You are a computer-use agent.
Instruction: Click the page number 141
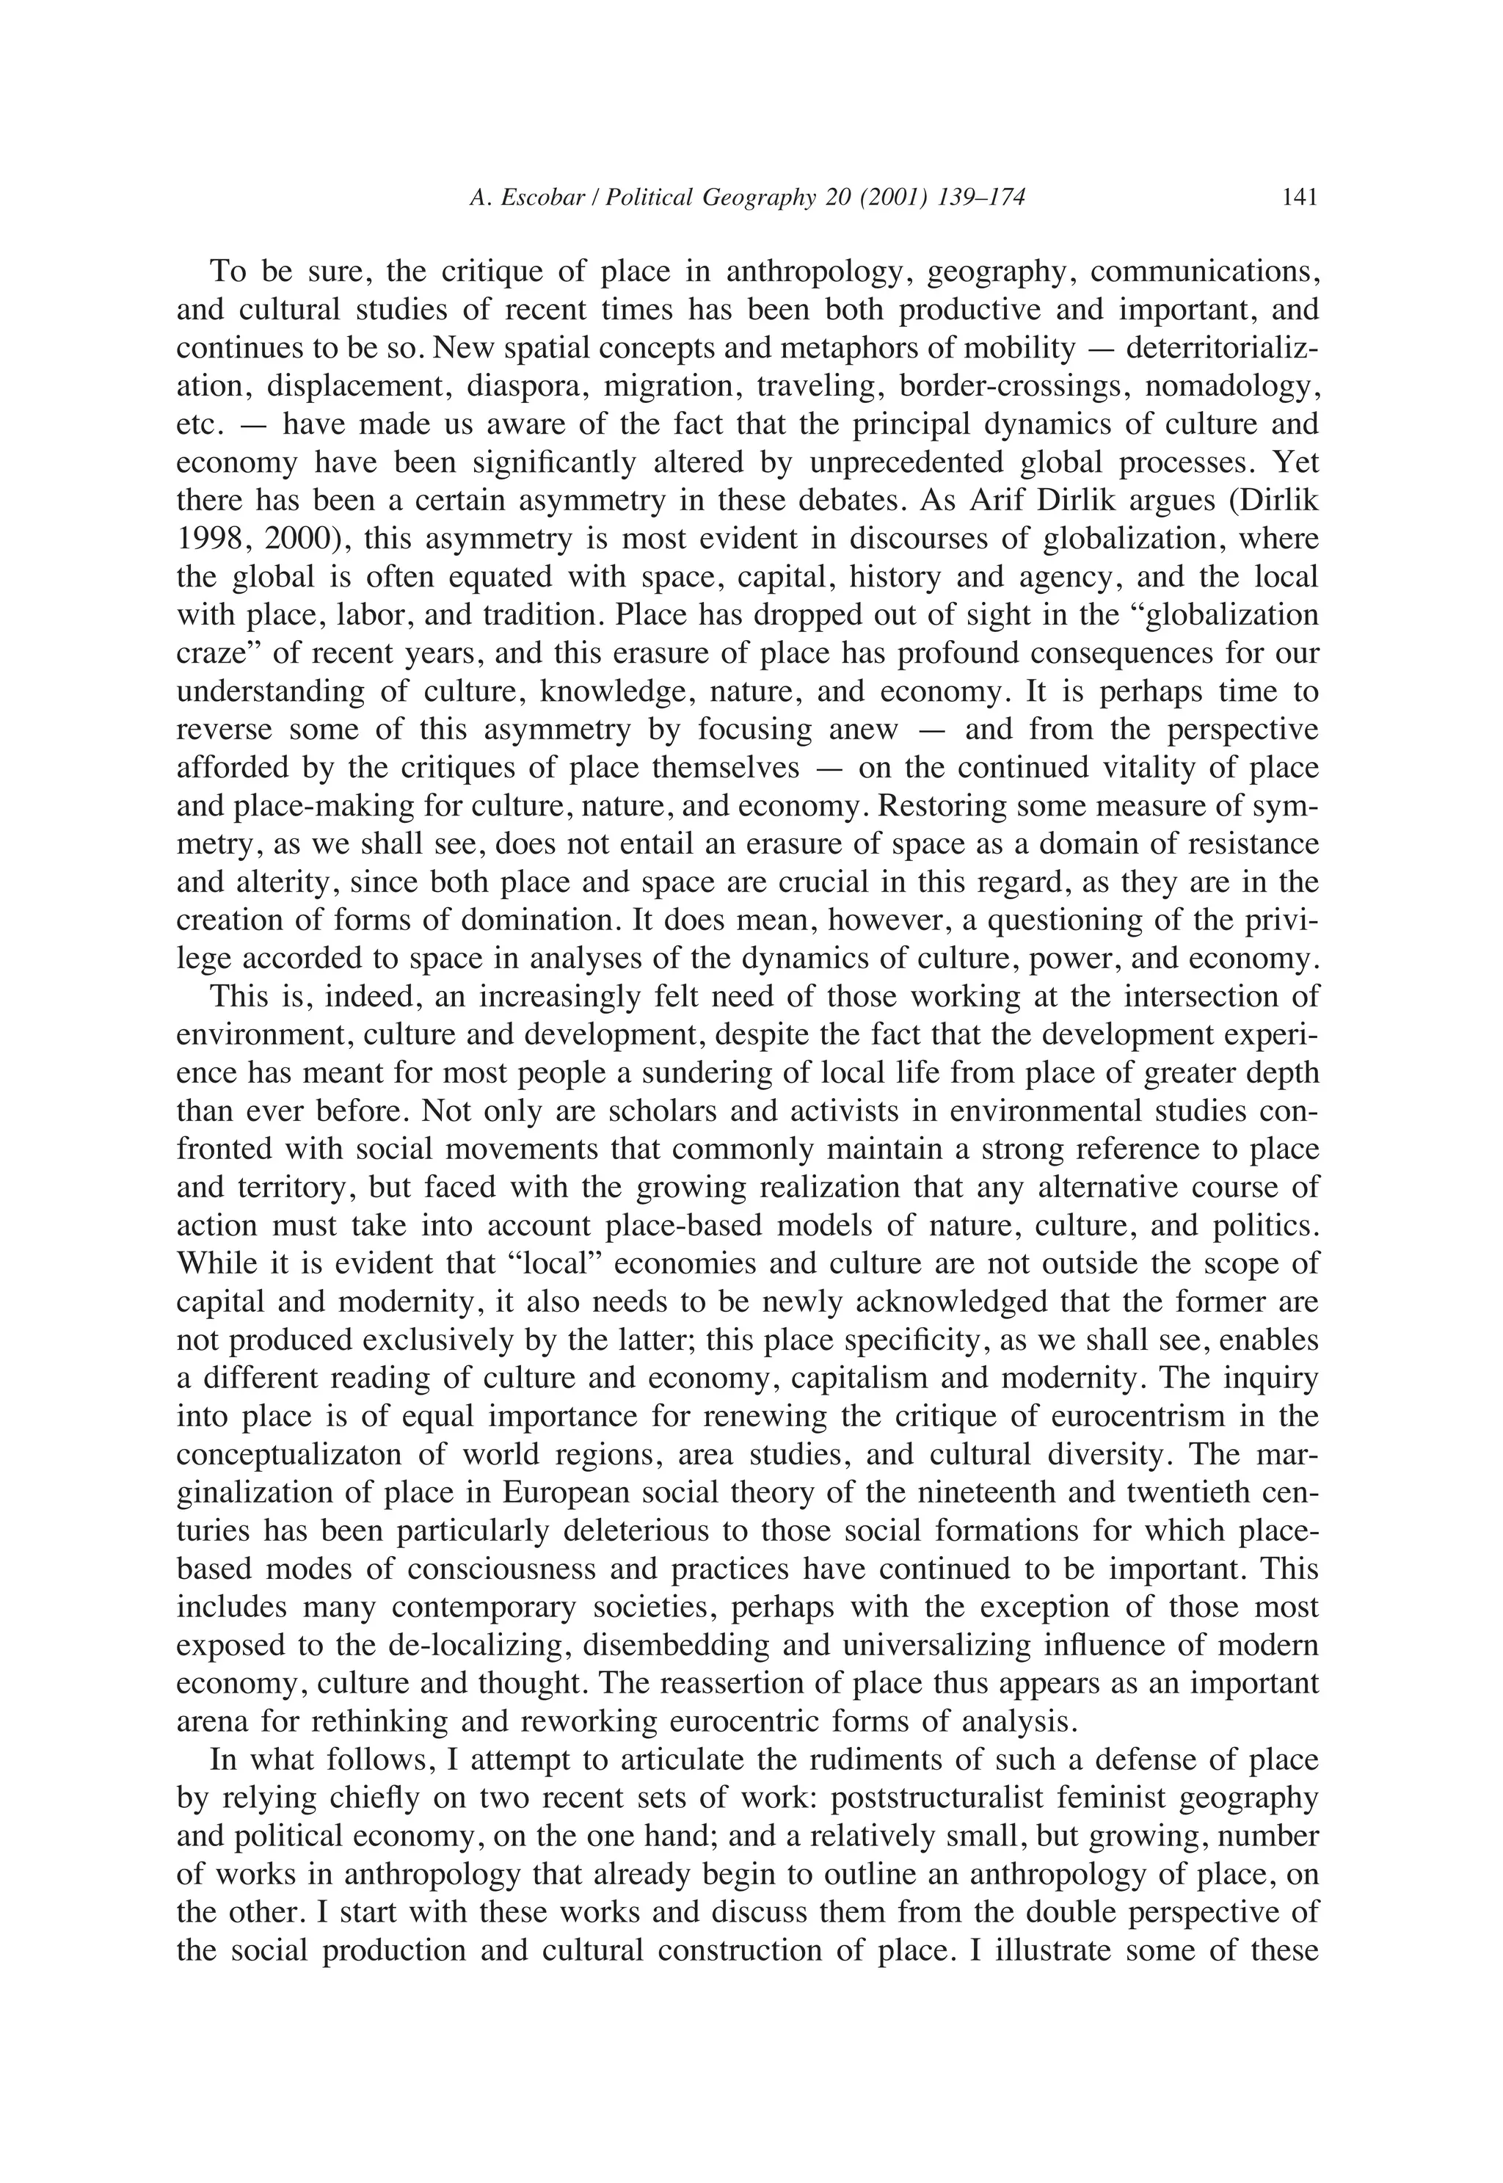coord(1300,197)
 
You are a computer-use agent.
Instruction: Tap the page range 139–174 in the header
coord(982,197)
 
